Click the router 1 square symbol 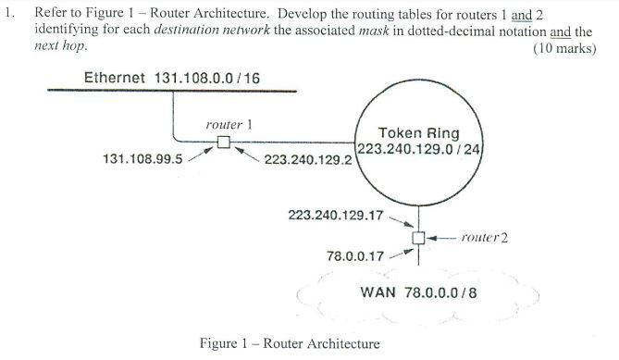click(x=223, y=142)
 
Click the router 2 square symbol click(x=419, y=238)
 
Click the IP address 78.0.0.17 click(x=356, y=255)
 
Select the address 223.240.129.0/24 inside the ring click(x=421, y=149)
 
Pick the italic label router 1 click(x=229, y=124)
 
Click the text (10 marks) click(x=564, y=48)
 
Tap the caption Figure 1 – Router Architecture click(x=289, y=343)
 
